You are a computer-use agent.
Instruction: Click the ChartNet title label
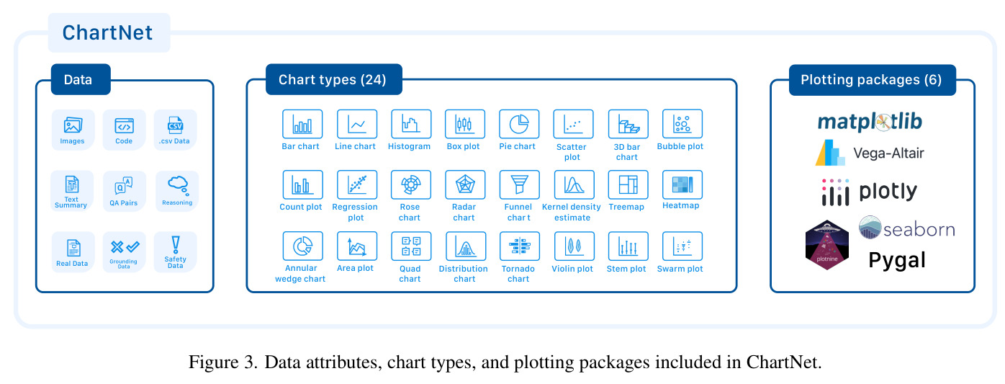click(107, 33)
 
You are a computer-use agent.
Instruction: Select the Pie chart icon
click(519, 124)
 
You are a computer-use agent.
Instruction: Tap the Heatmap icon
click(682, 184)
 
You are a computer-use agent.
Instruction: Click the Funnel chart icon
click(520, 184)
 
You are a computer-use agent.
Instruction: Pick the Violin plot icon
click(574, 246)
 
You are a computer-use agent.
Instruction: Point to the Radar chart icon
click(465, 184)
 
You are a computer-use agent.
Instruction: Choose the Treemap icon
click(628, 184)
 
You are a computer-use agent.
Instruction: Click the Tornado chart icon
click(520, 246)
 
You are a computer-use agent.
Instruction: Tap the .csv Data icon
click(175, 125)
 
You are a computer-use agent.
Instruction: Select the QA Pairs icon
click(123, 185)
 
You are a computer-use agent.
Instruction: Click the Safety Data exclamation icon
click(176, 245)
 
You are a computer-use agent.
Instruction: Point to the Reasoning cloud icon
click(178, 185)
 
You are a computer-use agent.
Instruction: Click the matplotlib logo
click(870, 122)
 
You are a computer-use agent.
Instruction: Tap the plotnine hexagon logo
click(827, 245)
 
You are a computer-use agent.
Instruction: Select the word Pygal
click(897, 261)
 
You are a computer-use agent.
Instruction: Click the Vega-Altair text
click(888, 153)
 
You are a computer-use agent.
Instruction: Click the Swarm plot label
click(680, 269)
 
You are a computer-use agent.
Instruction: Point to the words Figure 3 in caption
click(223, 362)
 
